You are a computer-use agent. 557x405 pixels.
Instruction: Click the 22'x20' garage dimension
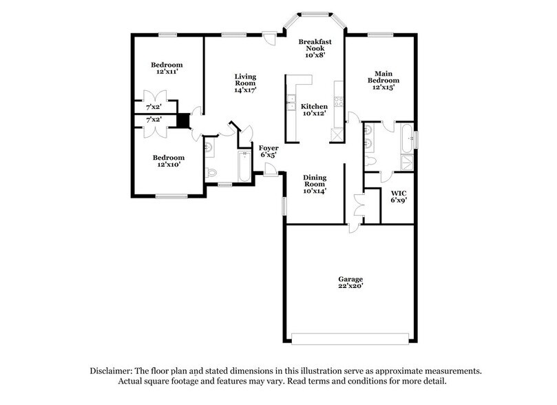(x=350, y=287)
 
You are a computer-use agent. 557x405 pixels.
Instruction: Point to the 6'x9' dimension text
(x=399, y=201)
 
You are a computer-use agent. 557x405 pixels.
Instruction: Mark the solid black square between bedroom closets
(x=182, y=121)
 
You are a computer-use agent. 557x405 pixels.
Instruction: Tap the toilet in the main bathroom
(x=372, y=161)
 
